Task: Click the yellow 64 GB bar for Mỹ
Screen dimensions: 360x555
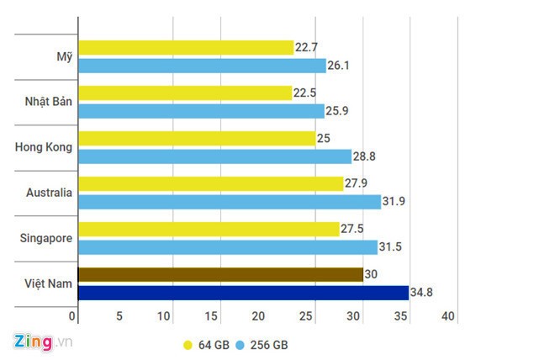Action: click(185, 48)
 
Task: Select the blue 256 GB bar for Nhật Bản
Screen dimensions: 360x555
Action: click(201, 110)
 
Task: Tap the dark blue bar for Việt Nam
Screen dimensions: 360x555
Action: click(242, 293)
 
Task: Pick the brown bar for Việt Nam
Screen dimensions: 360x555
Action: click(220, 274)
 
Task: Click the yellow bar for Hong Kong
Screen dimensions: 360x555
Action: click(196, 138)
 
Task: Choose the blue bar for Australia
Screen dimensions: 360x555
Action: click(229, 202)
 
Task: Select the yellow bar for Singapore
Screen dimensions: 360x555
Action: click(209, 229)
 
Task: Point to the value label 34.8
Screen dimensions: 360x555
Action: click(421, 293)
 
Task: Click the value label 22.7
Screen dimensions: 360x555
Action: click(308, 48)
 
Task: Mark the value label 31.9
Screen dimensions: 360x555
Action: click(396, 202)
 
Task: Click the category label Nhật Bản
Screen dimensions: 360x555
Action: click(48, 102)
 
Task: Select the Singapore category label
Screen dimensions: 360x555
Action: click(45, 238)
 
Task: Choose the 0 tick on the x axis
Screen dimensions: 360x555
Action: click(74, 316)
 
